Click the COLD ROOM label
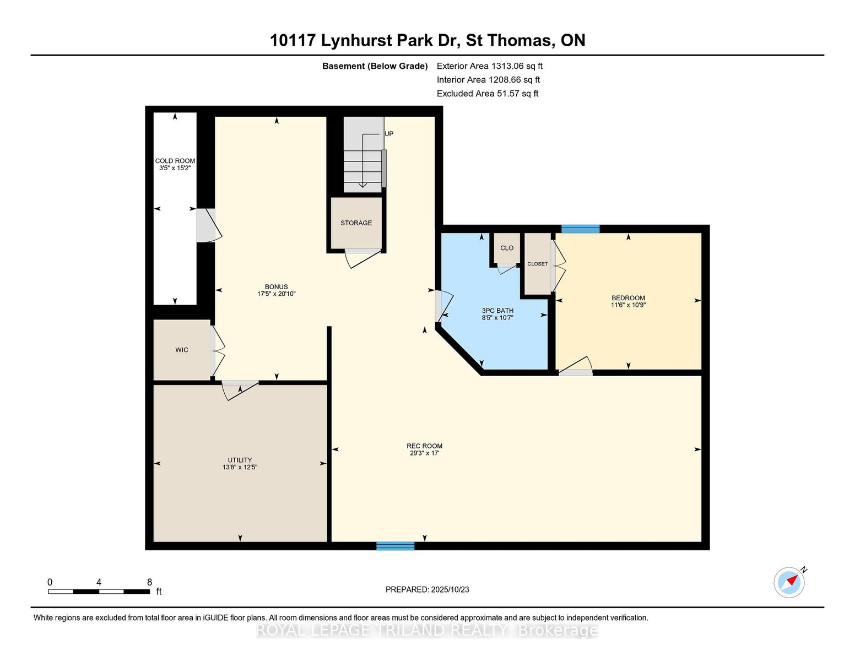coord(175,161)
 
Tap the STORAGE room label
coord(356,223)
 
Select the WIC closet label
coord(182,350)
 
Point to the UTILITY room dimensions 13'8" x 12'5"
coord(240,467)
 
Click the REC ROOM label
coord(425,446)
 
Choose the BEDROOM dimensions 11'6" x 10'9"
coord(629,305)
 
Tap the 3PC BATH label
coord(497,311)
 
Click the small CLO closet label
coord(507,248)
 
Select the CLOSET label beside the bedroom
coord(538,264)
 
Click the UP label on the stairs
coord(389,134)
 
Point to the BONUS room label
coord(276,286)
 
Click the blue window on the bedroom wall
coord(580,229)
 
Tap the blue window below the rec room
coord(396,546)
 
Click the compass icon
coord(789,583)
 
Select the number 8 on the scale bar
coord(149,582)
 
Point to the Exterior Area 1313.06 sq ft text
coord(489,66)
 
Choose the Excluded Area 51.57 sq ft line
coord(488,94)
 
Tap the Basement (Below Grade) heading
coord(375,66)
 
